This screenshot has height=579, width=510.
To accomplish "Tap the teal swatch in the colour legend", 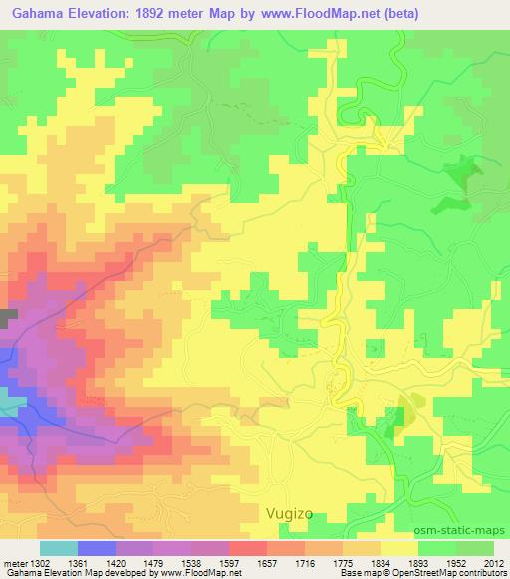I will [x=59, y=548].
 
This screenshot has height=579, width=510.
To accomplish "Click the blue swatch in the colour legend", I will [x=97, y=548].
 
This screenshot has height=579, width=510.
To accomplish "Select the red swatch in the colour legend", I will [x=247, y=548].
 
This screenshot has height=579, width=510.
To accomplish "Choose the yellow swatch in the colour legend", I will [x=398, y=548].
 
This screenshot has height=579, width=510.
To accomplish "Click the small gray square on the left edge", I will [x=9, y=317].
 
